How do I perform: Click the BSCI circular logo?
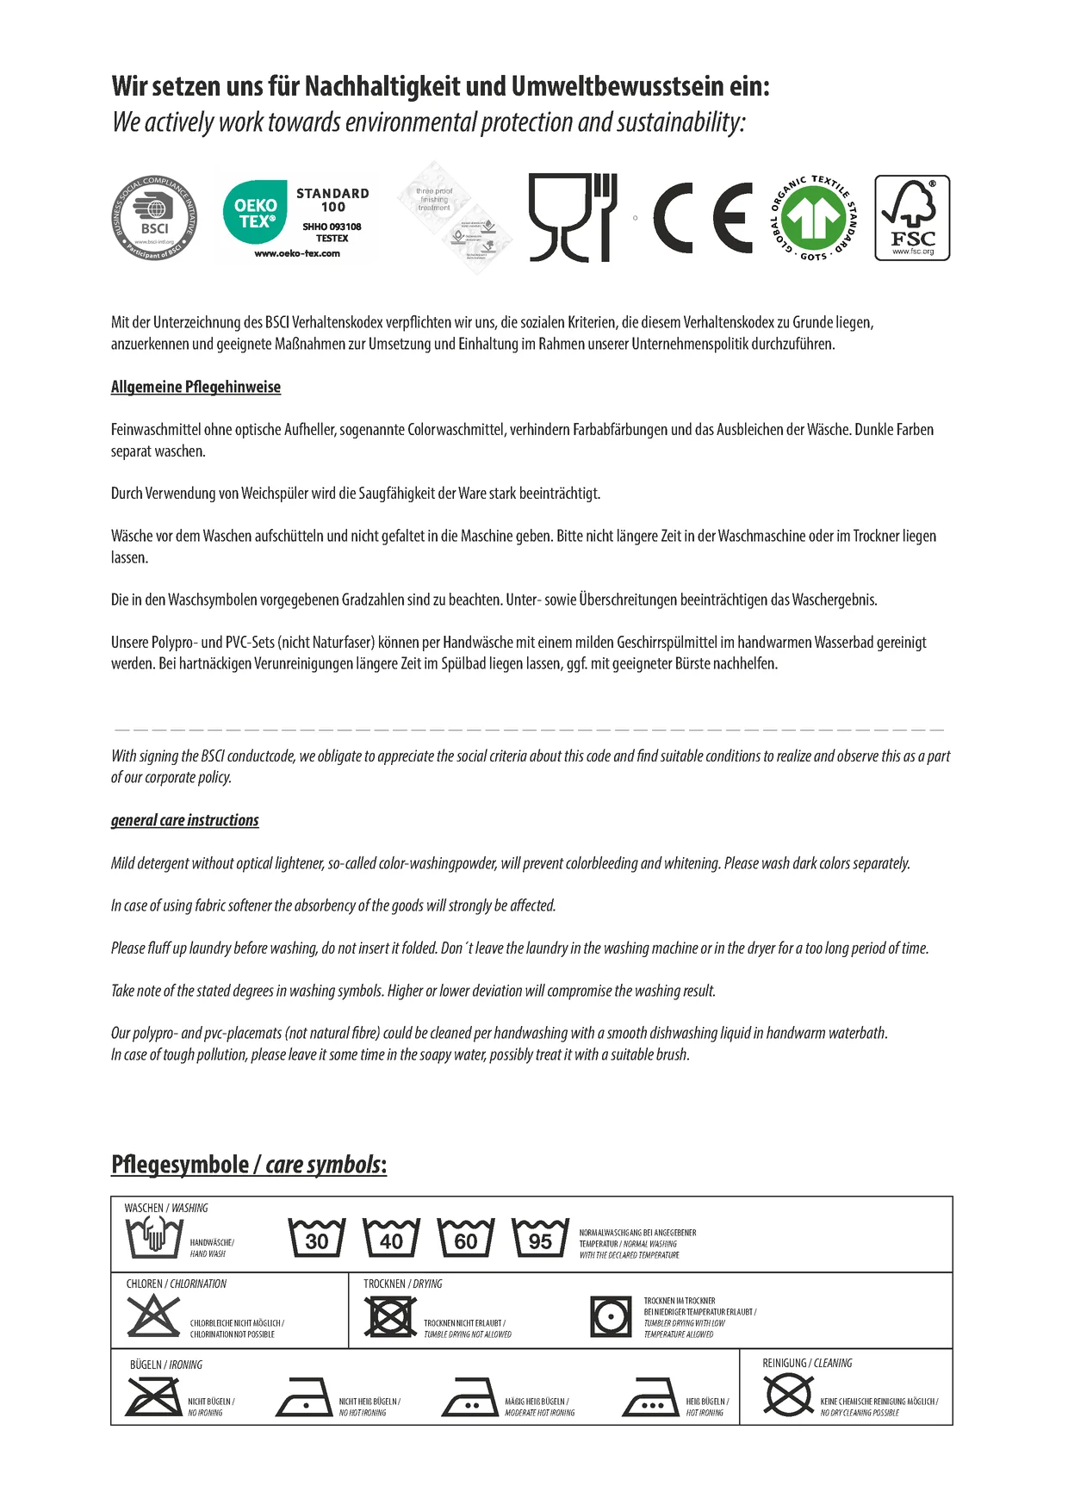tap(155, 218)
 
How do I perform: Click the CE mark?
tap(702, 218)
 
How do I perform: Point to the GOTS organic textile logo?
tap(813, 219)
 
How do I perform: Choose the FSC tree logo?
tap(912, 218)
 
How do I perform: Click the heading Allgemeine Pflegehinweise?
tap(196, 387)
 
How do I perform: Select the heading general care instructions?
tap(184, 820)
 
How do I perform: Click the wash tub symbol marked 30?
tap(316, 1238)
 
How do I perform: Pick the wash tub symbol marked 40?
tap(391, 1238)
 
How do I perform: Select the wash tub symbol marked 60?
tap(465, 1238)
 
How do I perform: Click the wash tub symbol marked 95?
tap(540, 1238)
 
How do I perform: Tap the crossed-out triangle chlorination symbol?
tap(152, 1316)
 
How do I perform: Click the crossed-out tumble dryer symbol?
tap(390, 1316)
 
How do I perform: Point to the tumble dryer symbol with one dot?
tap(612, 1316)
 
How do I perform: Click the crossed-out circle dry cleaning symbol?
tap(788, 1396)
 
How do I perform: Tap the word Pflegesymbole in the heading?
tap(179, 1165)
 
